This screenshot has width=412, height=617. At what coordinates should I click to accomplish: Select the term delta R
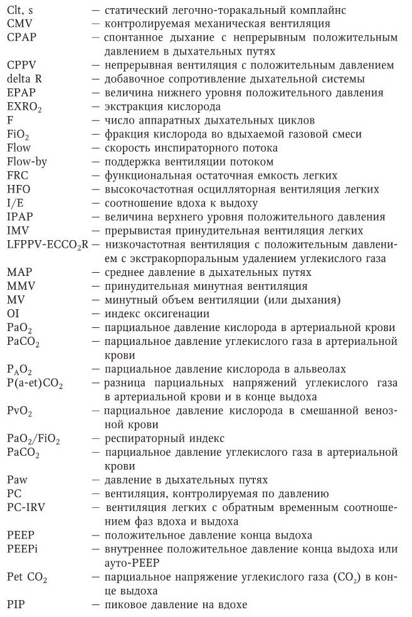(x=24, y=79)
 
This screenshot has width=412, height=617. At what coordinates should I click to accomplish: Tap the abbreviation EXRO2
(x=23, y=107)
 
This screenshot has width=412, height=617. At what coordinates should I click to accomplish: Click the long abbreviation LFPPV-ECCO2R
(x=45, y=245)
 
